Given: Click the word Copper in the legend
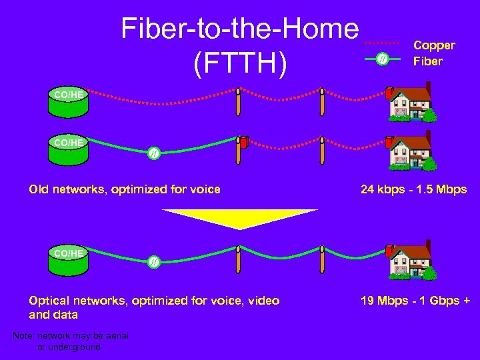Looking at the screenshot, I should [x=434, y=45].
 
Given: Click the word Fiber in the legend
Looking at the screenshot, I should [x=427, y=61].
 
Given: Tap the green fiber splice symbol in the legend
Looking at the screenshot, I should [x=381, y=60].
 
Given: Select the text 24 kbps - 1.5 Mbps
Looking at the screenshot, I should [x=413, y=189].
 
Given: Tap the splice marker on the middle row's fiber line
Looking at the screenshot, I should [x=153, y=154].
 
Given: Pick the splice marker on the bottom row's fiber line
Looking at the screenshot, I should [x=153, y=261].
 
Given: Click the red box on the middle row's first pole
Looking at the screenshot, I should [x=245, y=142].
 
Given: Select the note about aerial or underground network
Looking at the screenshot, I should [x=70, y=341].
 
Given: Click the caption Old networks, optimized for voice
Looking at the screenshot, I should [x=125, y=189].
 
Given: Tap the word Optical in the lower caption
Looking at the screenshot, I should [x=49, y=301].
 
